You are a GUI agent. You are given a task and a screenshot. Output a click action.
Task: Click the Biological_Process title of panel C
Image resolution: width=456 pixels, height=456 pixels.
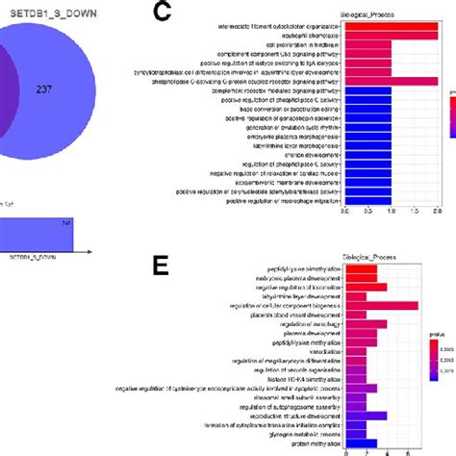(x=382, y=13)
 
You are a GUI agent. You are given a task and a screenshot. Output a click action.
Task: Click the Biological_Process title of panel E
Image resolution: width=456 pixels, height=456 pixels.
(x=382, y=260)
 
